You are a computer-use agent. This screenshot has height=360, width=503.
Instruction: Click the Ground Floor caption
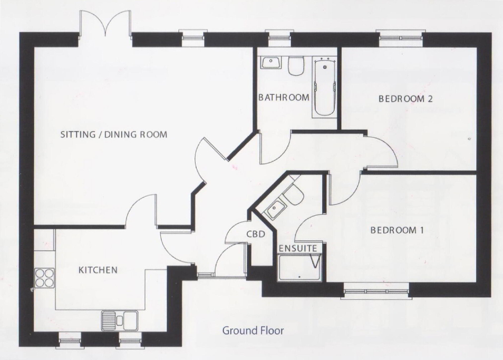click(253, 331)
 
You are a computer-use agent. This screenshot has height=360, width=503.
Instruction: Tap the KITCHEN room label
click(98, 270)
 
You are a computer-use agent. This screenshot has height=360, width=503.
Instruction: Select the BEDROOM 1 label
click(397, 230)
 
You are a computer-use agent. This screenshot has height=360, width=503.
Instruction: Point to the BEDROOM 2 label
click(405, 99)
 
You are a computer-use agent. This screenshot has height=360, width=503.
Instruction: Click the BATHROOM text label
click(284, 98)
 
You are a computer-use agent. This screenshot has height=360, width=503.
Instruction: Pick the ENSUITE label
click(298, 248)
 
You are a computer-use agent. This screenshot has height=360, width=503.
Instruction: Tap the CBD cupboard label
click(255, 234)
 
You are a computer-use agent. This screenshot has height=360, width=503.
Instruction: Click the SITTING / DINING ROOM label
click(114, 134)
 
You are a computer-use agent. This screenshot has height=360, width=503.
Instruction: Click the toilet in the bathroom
click(296, 65)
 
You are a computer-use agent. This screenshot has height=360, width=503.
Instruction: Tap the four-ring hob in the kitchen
click(43, 277)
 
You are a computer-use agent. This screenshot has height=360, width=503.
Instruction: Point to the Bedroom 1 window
click(375, 291)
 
